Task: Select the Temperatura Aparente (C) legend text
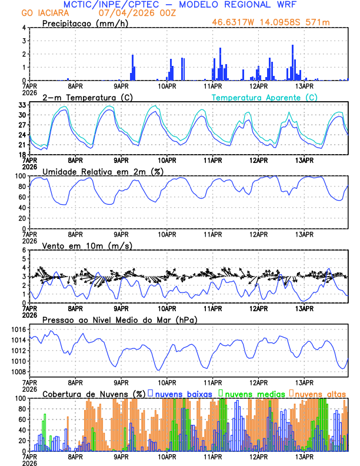pyautogui.click(x=264, y=97)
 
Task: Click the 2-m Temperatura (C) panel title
pyautogui.click(x=88, y=97)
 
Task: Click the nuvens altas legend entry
pyautogui.click(x=317, y=393)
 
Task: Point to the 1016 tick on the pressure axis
pyautogui.click(x=19, y=329)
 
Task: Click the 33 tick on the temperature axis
pyautogui.click(x=22, y=105)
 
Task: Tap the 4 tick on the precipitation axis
pyautogui.click(x=24, y=28)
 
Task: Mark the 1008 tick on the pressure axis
pyautogui.click(x=19, y=372)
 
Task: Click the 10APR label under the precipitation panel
pyautogui.click(x=167, y=86)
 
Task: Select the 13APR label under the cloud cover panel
pyautogui.click(x=304, y=457)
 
